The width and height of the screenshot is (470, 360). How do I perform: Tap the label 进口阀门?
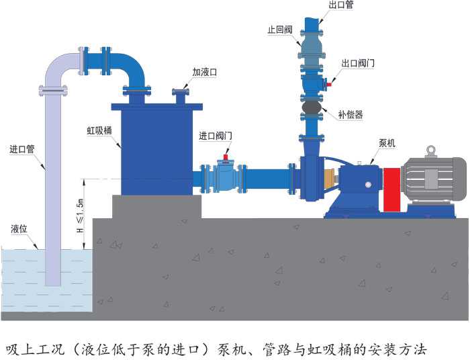point(216,135)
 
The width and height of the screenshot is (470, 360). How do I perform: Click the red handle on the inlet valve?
point(227,159)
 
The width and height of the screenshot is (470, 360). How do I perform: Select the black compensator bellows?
point(311,107)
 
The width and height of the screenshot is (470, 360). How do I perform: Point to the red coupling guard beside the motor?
point(391,181)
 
